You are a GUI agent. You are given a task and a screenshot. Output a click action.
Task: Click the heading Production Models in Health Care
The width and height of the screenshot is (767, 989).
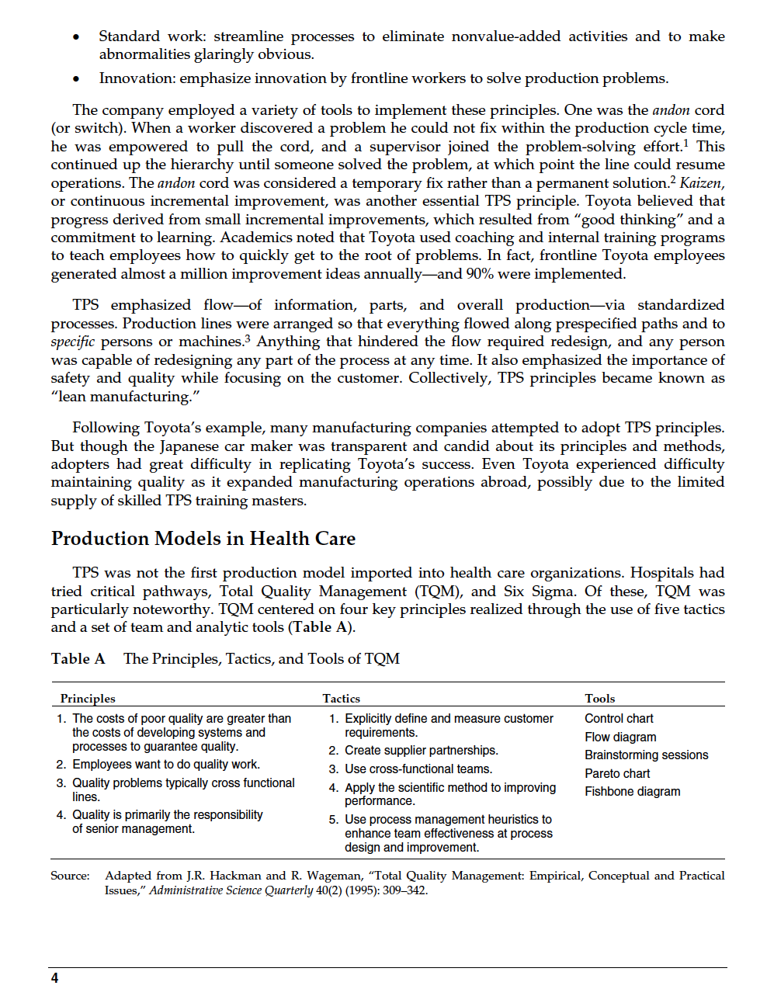point(203,539)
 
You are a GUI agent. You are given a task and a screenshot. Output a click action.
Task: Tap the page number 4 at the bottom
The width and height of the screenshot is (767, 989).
point(54,977)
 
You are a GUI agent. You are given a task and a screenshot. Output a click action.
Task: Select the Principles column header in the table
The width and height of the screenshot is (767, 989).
point(88,699)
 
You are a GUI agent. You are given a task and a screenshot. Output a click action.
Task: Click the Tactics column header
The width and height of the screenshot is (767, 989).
point(342,699)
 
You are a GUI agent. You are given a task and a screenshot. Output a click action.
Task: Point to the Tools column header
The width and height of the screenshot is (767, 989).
point(600,699)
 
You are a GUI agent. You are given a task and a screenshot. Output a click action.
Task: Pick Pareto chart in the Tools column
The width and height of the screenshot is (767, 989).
point(617,773)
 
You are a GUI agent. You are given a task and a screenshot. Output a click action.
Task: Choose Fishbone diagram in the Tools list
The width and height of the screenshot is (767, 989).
point(632,791)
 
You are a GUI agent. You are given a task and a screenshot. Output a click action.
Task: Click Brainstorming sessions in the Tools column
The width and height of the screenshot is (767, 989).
point(646,755)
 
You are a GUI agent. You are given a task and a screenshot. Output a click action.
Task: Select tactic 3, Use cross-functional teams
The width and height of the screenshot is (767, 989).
point(418,769)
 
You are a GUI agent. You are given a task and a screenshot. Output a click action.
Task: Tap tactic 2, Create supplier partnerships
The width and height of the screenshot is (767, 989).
point(421,750)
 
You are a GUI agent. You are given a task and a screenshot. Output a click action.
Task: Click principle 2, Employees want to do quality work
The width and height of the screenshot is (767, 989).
point(165,764)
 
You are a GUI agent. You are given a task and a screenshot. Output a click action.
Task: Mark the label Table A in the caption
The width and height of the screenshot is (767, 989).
point(78,659)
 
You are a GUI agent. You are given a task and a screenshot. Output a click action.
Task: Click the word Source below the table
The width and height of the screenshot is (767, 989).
point(70,876)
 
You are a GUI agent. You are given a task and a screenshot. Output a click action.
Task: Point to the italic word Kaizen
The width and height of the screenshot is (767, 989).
point(701,183)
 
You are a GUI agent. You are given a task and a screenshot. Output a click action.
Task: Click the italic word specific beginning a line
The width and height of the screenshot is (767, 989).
point(72,342)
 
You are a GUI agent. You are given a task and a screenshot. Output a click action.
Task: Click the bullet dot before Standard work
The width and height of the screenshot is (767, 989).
point(75,38)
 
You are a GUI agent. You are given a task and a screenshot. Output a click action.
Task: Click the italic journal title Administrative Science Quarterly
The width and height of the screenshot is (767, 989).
point(231,890)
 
